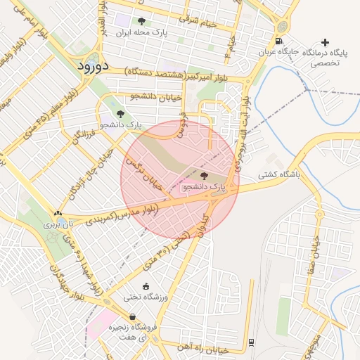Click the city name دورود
[x=91, y=67]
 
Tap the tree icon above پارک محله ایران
[x=141, y=21]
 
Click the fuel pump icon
[x=280, y=41]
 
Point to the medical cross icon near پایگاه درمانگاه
[x=324, y=42]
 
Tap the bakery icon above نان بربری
[x=58, y=214]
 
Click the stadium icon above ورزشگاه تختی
[x=146, y=285]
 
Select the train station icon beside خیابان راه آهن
[x=251, y=342]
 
